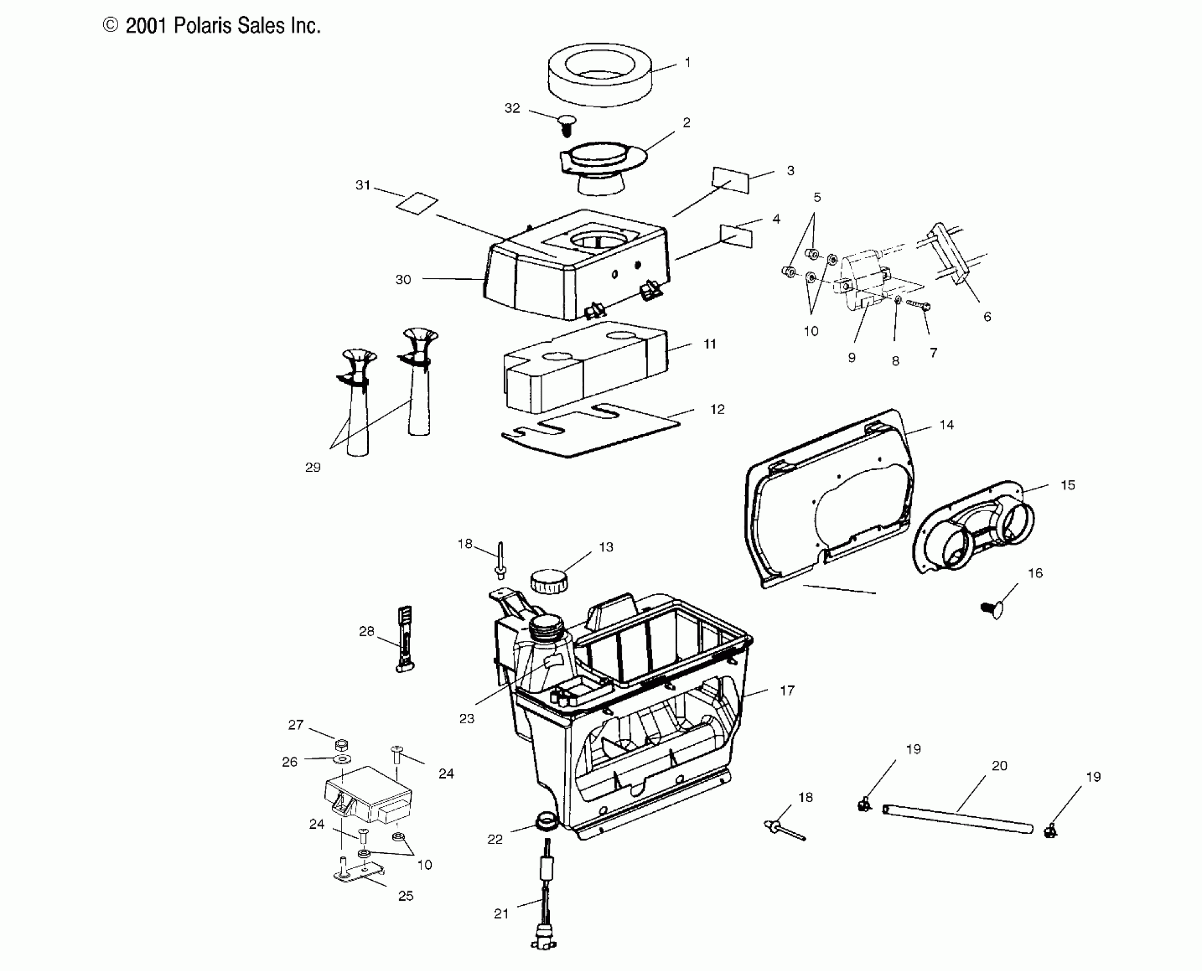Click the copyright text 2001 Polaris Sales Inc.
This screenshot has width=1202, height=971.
[212, 26]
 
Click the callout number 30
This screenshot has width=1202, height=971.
[403, 280]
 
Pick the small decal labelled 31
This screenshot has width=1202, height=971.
[418, 203]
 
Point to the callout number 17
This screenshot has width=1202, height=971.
[787, 691]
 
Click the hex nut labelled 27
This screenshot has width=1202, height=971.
[341, 745]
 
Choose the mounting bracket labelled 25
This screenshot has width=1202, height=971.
[357, 874]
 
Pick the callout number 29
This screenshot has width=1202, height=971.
[313, 467]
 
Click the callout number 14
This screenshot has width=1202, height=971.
[946, 425]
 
